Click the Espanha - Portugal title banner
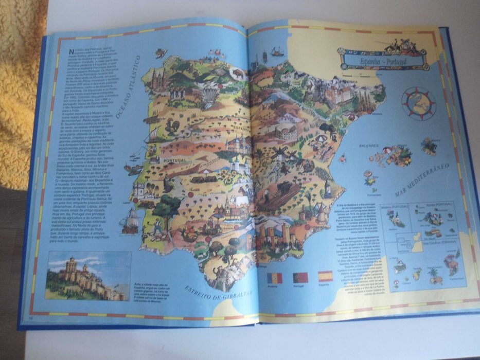[x=383, y=60]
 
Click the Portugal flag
[x=300, y=278]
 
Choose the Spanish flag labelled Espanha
[x=325, y=276]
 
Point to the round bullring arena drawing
[x=286, y=132]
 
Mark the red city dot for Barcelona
[x=367, y=112]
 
